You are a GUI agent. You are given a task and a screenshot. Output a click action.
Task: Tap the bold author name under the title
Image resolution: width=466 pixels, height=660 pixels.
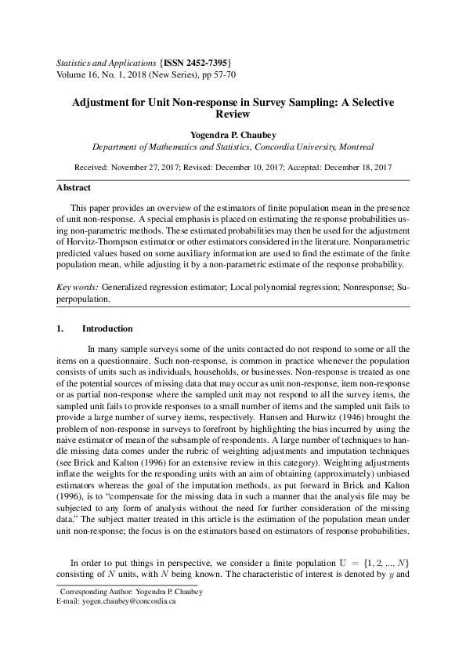[x=233, y=133]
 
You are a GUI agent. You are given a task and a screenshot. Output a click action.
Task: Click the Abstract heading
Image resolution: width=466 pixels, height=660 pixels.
[x=74, y=188]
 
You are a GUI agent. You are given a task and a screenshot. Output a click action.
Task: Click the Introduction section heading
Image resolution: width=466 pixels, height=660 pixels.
[x=107, y=328]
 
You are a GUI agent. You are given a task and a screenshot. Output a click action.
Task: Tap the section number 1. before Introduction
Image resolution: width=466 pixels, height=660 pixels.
[x=60, y=328]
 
